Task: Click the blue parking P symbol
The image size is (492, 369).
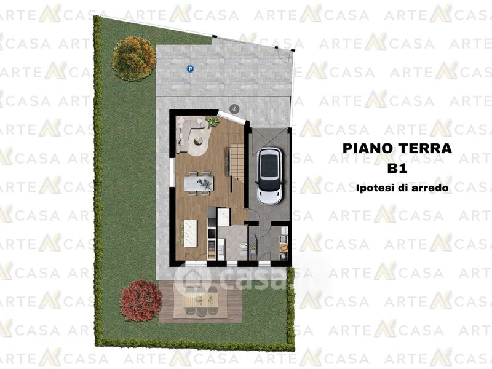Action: click(190, 69)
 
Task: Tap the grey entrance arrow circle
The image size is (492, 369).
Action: click(234, 109)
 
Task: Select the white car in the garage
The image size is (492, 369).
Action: click(270, 176)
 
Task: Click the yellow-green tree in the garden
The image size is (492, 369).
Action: click(133, 58)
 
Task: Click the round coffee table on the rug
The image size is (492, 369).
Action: click(199, 141)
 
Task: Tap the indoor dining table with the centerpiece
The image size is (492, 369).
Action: click(199, 183)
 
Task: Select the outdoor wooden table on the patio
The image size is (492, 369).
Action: click(200, 300)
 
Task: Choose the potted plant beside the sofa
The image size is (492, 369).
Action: click(213, 122)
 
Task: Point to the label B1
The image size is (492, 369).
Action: click(397, 169)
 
